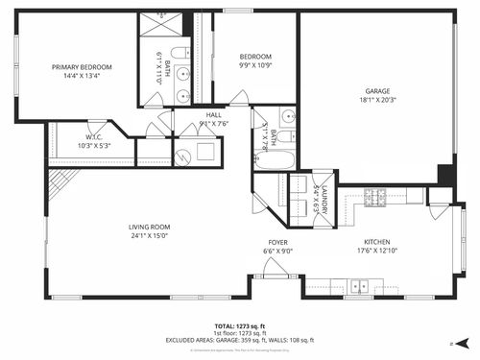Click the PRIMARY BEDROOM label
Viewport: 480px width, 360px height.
tap(82, 67)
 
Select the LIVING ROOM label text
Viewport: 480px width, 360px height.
tap(150, 227)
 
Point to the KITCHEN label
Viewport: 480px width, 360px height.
tap(376, 242)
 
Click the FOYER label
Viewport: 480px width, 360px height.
tap(277, 242)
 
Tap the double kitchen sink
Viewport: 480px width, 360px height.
tap(361, 285)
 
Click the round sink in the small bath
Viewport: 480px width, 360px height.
tap(287, 118)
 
